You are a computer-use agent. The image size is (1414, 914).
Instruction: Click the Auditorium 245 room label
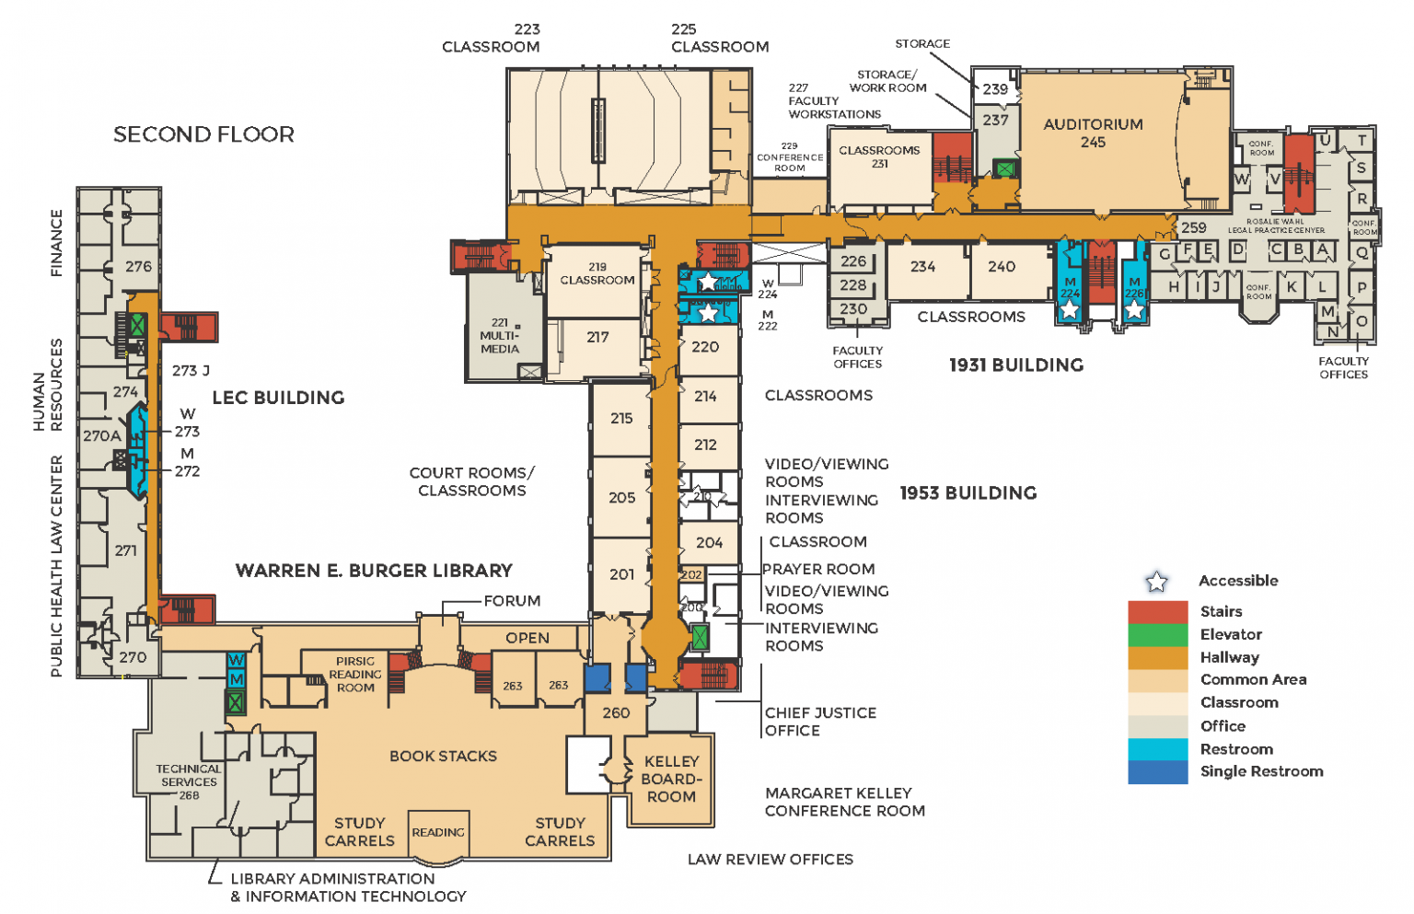click(x=1093, y=133)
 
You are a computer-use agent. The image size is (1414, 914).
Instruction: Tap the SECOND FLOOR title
click(x=203, y=134)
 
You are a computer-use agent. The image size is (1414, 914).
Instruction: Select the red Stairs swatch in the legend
click(x=1157, y=611)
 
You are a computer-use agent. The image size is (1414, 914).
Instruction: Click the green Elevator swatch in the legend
click(x=1157, y=634)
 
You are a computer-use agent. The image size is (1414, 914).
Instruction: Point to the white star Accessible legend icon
click(x=1156, y=581)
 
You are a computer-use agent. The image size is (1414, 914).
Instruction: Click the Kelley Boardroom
click(x=671, y=779)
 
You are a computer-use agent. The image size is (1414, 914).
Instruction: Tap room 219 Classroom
click(x=597, y=274)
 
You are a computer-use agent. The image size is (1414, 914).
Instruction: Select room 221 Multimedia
click(x=500, y=336)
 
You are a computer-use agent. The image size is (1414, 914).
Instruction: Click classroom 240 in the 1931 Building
click(x=1002, y=267)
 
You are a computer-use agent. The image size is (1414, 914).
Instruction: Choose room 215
click(x=621, y=418)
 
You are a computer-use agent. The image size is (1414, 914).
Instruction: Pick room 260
click(x=616, y=712)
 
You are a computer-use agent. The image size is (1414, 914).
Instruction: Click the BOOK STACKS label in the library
click(x=443, y=756)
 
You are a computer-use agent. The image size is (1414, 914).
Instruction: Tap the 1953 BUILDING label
click(x=968, y=493)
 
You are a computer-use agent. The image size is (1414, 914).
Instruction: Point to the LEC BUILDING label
click(x=278, y=398)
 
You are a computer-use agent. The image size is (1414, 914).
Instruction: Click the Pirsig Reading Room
click(x=355, y=674)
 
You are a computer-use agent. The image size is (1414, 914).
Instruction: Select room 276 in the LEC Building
click(x=138, y=267)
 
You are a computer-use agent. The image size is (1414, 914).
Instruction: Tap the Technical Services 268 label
click(x=189, y=781)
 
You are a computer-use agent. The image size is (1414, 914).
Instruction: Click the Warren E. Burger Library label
click(x=374, y=571)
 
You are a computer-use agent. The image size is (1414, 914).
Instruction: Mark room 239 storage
click(x=995, y=89)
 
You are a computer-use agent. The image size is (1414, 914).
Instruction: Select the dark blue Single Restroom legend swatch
click(x=1157, y=772)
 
